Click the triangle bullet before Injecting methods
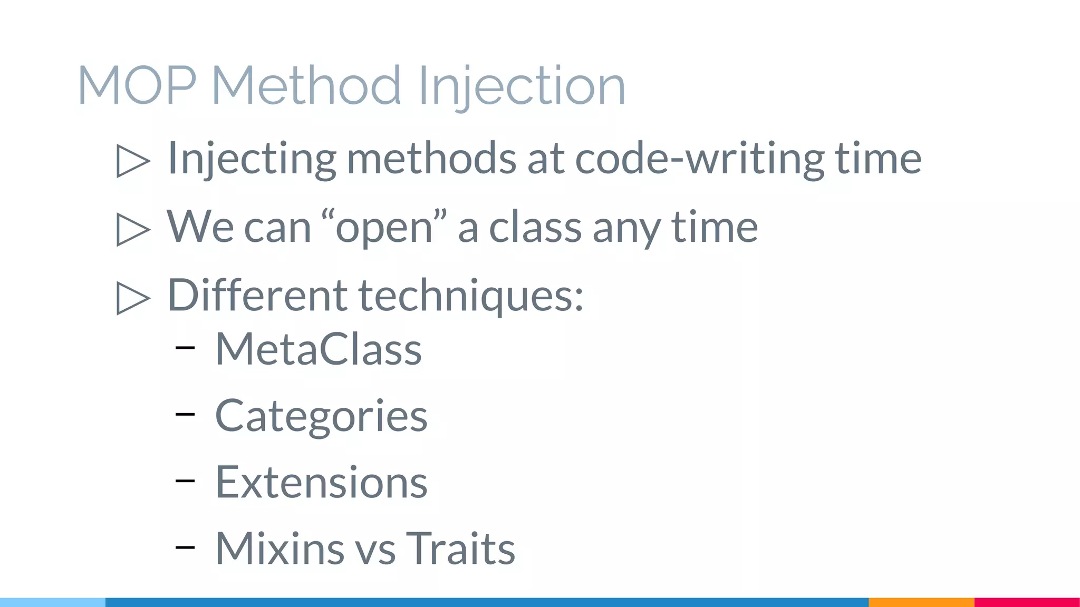tap(133, 161)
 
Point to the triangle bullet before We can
tap(133, 229)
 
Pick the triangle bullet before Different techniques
tap(133, 298)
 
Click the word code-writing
tap(699, 158)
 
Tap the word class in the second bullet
tap(535, 227)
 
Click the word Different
tap(257, 295)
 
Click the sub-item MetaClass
tap(319, 349)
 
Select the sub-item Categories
tap(321, 416)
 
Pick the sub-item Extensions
tap(321, 482)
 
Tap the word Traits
tap(460, 549)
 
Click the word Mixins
tap(280, 549)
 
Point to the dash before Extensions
tap(185, 481)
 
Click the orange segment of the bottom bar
tap(921, 602)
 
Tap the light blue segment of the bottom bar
tap(53, 602)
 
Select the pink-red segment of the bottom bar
tap(1027, 602)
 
